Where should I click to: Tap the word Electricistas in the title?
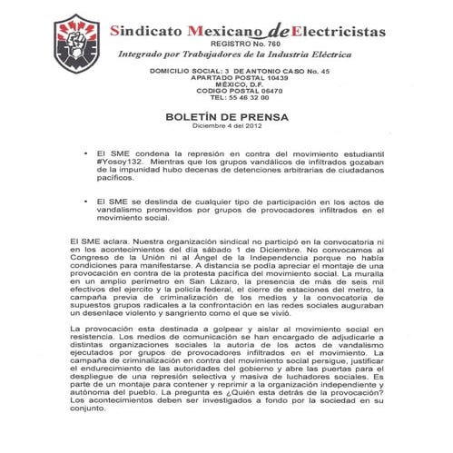[x=333, y=32]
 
